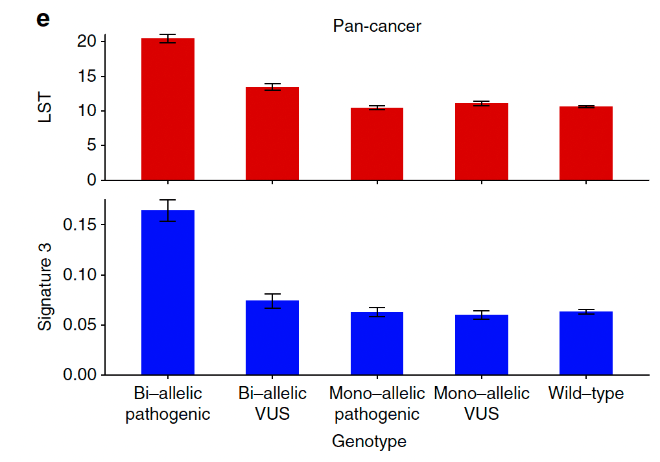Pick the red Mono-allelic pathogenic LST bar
(377, 143)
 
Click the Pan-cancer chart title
(377, 26)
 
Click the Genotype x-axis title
(369, 442)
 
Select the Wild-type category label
(585, 393)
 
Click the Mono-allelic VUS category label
(481, 403)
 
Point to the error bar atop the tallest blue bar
(167, 210)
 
